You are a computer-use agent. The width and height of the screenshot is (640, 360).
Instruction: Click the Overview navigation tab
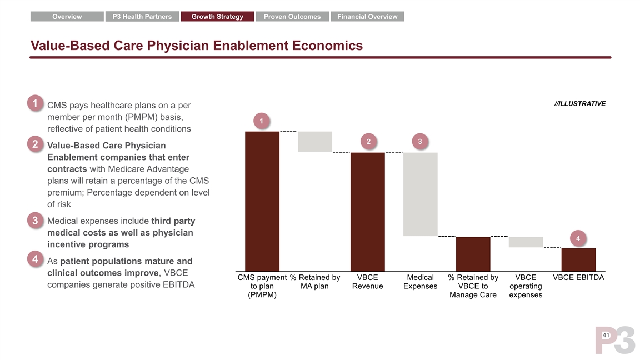[x=67, y=17]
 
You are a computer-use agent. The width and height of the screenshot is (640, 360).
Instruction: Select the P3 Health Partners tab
[x=142, y=17]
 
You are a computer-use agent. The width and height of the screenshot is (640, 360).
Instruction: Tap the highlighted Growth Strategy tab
[x=217, y=17]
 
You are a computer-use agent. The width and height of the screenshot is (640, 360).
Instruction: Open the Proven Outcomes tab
[x=292, y=17]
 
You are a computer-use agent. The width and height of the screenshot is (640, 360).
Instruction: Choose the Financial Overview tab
[x=367, y=17]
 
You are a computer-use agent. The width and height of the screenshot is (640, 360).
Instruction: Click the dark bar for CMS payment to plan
[x=262, y=201]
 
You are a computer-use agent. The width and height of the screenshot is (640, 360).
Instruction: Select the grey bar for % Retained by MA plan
[x=315, y=142]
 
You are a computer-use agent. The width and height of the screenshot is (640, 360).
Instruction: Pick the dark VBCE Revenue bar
[x=367, y=211]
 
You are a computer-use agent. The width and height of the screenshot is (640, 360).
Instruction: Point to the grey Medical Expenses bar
[x=420, y=194]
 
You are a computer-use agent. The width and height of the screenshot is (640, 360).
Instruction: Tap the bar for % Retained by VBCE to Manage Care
[x=473, y=253]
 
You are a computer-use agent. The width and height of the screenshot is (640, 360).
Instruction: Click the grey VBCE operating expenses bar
[x=526, y=242]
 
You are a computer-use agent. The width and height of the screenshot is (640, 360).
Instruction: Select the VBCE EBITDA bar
[x=578, y=259]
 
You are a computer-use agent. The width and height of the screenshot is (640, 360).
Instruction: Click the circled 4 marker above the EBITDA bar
[x=578, y=238]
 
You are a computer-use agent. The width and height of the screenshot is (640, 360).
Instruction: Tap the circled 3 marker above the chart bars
[x=420, y=142]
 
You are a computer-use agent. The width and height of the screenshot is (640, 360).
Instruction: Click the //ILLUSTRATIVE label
[x=579, y=104]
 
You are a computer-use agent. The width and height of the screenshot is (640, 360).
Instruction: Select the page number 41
[x=605, y=336]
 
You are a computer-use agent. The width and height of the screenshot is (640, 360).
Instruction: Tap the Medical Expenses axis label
[x=420, y=282]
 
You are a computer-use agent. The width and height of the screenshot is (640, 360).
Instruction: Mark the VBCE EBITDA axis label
[x=578, y=277]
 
